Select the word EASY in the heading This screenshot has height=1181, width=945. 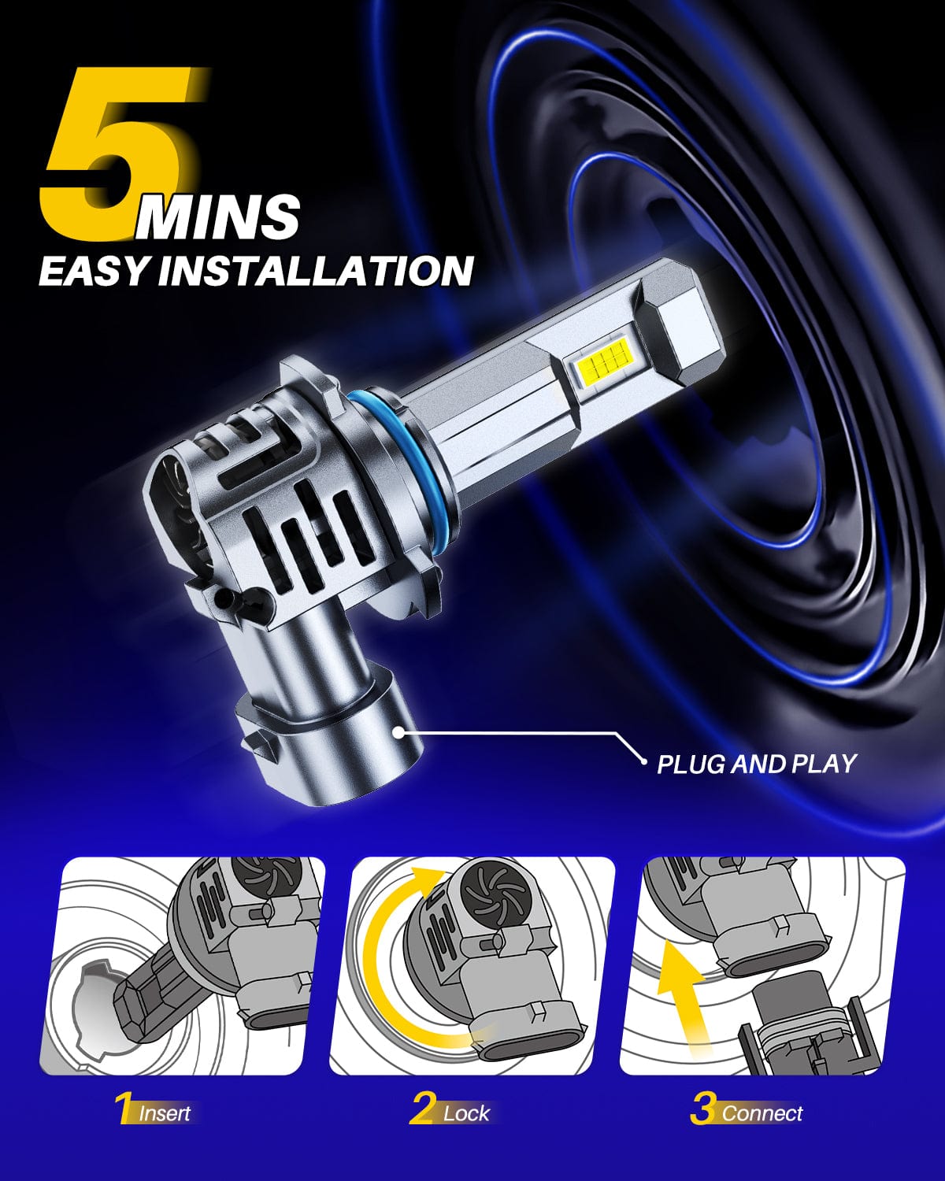click(94, 271)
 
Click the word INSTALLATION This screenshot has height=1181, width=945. click(316, 270)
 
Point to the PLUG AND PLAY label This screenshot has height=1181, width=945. click(757, 764)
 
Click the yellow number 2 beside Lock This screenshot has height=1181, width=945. click(424, 1108)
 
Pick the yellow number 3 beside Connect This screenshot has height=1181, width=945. click(705, 1108)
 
